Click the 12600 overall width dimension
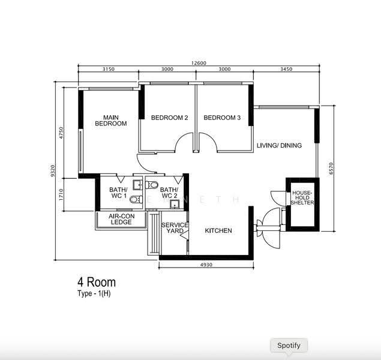(x=199, y=63)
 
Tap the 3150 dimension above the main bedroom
(x=108, y=69)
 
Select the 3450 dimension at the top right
(x=286, y=69)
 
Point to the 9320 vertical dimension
(x=53, y=170)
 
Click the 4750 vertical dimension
(x=61, y=133)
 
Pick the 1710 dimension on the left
(x=61, y=195)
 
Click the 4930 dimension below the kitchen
(x=206, y=265)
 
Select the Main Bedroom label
(x=111, y=121)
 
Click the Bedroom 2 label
(x=170, y=118)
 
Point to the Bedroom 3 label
(x=222, y=118)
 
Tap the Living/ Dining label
(x=279, y=146)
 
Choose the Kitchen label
(x=218, y=230)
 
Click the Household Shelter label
(x=302, y=198)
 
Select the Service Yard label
(x=174, y=228)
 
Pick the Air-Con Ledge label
(x=121, y=219)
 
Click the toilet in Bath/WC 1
(x=136, y=199)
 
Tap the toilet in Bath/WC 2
(x=152, y=185)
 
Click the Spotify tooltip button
(x=289, y=346)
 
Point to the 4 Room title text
(x=97, y=282)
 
